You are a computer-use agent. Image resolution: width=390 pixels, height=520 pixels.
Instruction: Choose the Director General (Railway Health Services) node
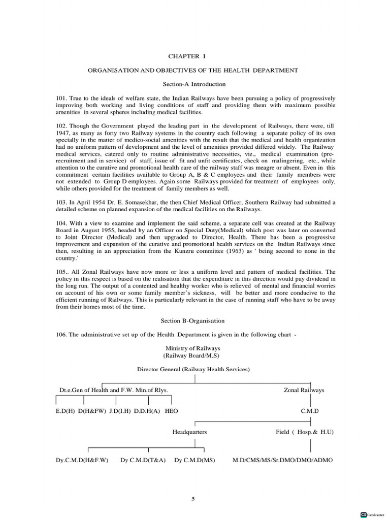coord(193,369)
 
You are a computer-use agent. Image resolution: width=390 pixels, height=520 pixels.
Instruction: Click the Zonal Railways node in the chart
coord(304,390)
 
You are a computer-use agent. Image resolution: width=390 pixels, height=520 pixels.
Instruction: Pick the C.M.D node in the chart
coord(310,410)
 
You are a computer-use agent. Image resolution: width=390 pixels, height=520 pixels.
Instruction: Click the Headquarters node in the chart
coord(189,432)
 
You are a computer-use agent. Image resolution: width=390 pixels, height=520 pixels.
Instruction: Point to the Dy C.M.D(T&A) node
coord(143,460)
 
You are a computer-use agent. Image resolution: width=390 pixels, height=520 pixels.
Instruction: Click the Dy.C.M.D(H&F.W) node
coord(82,460)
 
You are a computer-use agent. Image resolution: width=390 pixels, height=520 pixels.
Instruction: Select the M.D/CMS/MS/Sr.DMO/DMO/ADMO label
coord(282,460)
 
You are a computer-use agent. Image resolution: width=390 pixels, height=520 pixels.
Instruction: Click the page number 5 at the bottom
coord(193,499)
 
